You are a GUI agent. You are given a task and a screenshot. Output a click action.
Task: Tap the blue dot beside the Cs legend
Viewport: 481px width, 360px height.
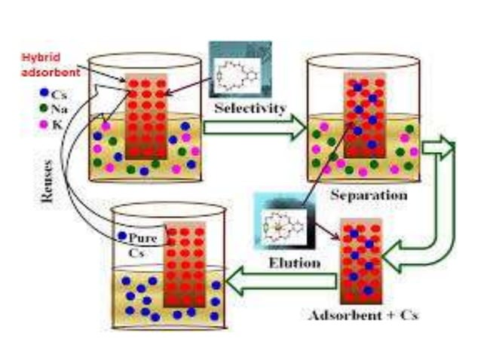44,93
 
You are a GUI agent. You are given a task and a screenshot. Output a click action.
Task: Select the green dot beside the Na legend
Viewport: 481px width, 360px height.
44,108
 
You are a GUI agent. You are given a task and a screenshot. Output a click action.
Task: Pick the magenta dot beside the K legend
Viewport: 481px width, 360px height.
44,123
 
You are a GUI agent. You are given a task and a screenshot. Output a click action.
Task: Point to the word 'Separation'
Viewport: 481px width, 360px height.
369,196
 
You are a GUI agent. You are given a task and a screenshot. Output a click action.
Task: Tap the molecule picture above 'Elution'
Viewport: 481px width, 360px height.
280,225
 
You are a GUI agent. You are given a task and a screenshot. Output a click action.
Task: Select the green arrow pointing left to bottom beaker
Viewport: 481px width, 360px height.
283,282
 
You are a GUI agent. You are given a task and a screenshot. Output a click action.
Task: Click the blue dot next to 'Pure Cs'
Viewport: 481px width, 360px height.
122,236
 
